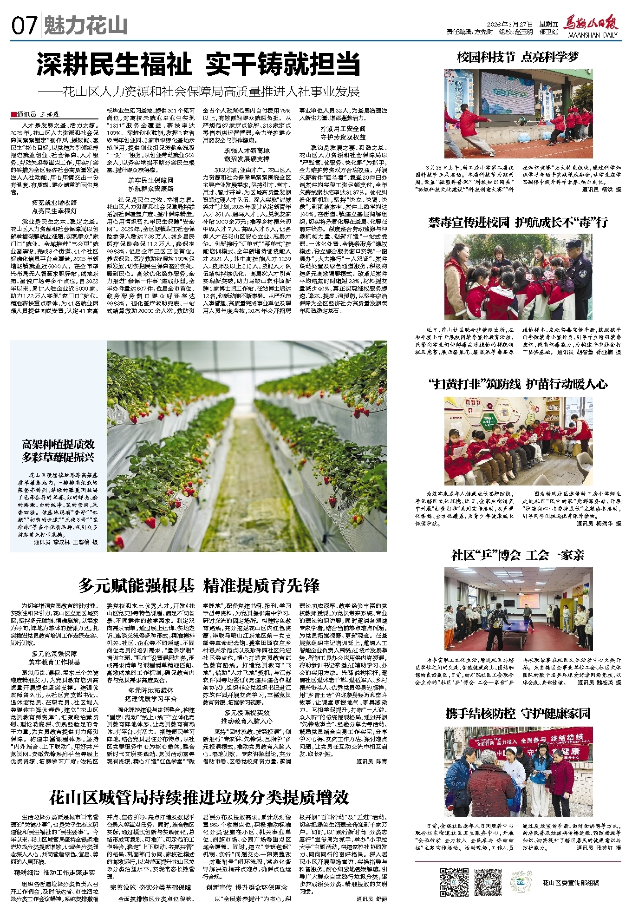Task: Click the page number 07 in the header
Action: [24, 26]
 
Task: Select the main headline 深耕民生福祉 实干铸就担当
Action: [199, 64]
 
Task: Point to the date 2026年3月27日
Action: [509, 24]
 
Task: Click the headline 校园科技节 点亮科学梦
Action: [518, 57]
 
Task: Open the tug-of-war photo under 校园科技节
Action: [518, 114]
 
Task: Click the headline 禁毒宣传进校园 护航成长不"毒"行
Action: [518, 222]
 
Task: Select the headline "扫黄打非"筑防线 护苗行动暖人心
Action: [518, 384]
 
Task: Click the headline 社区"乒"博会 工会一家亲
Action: [518, 555]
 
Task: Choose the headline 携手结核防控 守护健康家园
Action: [518, 713]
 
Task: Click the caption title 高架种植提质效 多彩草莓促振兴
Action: [58, 451]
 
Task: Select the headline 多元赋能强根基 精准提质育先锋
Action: [199, 585]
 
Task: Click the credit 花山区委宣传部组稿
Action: [571, 882]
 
